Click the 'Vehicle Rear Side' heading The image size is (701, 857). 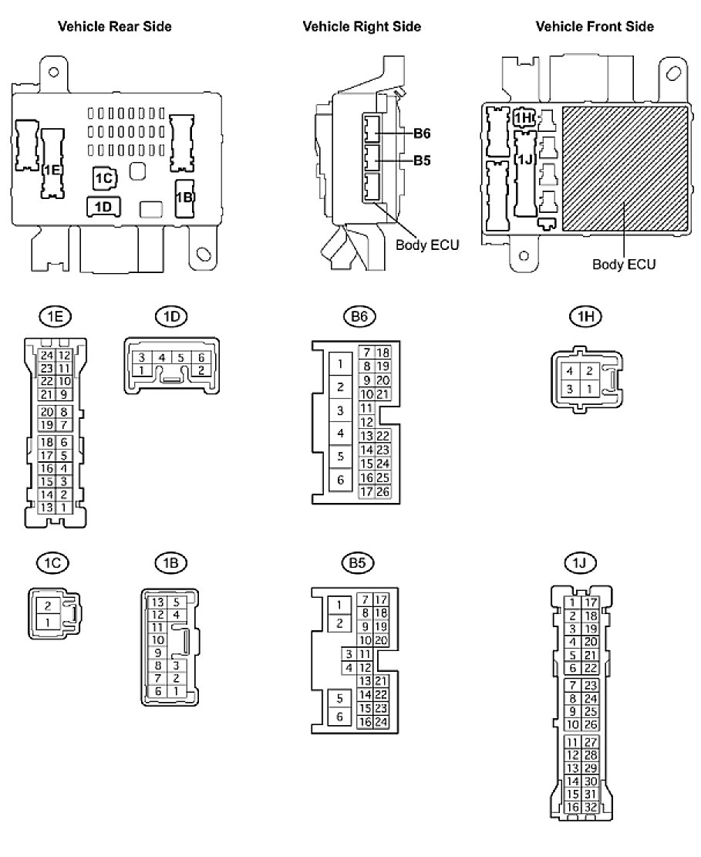115,27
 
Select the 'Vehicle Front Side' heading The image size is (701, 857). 595,27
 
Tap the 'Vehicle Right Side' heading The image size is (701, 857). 362,27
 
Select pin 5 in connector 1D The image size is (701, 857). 181,358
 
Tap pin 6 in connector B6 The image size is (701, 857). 340,480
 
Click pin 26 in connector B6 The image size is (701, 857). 382,491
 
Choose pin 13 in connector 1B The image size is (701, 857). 157,602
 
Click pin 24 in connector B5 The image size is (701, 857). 380,723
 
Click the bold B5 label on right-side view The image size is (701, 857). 422,161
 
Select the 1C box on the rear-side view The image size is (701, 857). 104,178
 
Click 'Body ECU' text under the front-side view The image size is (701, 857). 624,265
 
